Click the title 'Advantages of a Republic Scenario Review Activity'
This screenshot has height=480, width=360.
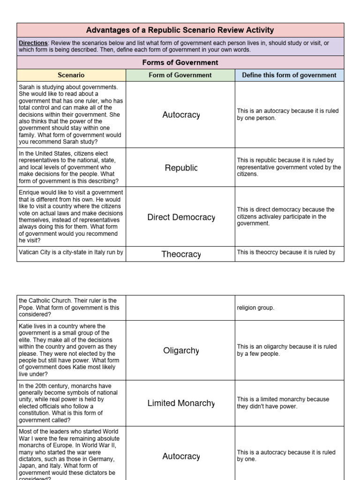(180, 30)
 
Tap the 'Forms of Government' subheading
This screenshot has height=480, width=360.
(180, 62)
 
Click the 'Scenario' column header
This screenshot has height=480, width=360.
(71, 75)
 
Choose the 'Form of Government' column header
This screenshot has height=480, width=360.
(180, 75)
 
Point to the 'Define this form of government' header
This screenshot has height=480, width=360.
(289, 75)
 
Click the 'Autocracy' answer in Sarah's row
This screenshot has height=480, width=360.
(181, 115)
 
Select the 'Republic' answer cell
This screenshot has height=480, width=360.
(181, 168)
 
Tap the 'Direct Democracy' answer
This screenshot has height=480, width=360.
(181, 217)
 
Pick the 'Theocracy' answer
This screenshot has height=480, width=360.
(181, 254)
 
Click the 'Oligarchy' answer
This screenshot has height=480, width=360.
(181, 350)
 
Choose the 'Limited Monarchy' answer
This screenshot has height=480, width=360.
(181, 403)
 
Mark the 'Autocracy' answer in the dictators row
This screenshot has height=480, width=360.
(181, 456)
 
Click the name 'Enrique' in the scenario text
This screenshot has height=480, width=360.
(30, 192)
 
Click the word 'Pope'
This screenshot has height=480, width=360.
(27, 308)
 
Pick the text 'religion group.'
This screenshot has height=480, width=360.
(256, 308)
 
